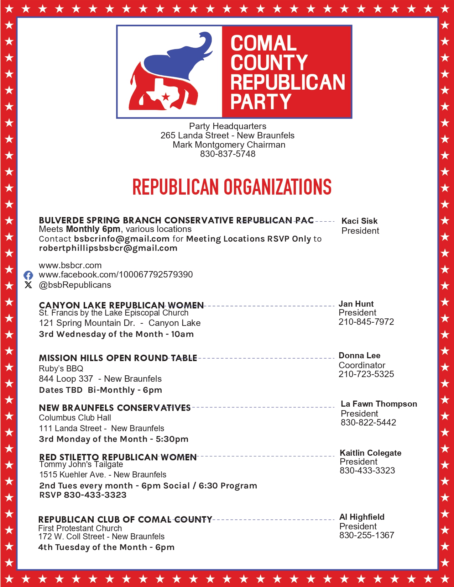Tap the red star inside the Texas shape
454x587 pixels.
pyautogui.click(x=166, y=96)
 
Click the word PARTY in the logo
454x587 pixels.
pyautogui.click(x=261, y=102)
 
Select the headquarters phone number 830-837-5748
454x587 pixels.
pyautogui.click(x=228, y=154)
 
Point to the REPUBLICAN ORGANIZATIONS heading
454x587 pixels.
pyautogui.click(x=232, y=187)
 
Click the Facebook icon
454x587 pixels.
pyautogui.click(x=28, y=275)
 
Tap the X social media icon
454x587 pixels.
pyautogui.click(x=28, y=285)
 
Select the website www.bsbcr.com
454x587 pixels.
pyautogui.click(x=70, y=265)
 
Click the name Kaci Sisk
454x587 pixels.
pyautogui.click(x=359, y=221)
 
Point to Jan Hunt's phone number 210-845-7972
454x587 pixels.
pyautogui.click(x=366, y=322)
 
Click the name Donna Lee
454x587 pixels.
pyautogui.click(x=359, y=355)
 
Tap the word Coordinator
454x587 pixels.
pyautogui.click(x=362, y=365)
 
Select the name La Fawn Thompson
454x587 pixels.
pyautogui.click(x=379, y=404)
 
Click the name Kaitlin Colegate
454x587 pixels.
pyautogui.click(x=370, y=453)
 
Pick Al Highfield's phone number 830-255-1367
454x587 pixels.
pyautogui.click(x=367, y=535)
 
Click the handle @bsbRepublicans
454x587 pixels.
pyautogui.click(x=75, y=285)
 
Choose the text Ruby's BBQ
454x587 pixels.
pyautogui.click(x=61, y=369)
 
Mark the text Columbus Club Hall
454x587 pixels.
pyautogui.click(x=75, y=418)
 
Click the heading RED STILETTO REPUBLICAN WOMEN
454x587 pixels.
pyautogui.click(x=118, y=457)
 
